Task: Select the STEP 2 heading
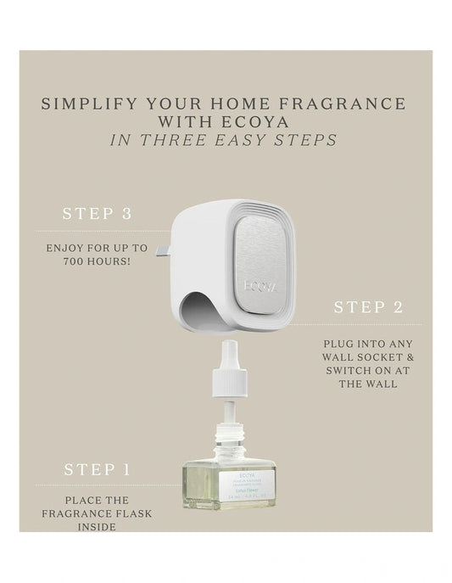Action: [367, 307]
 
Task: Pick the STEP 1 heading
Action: [98, 468]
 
